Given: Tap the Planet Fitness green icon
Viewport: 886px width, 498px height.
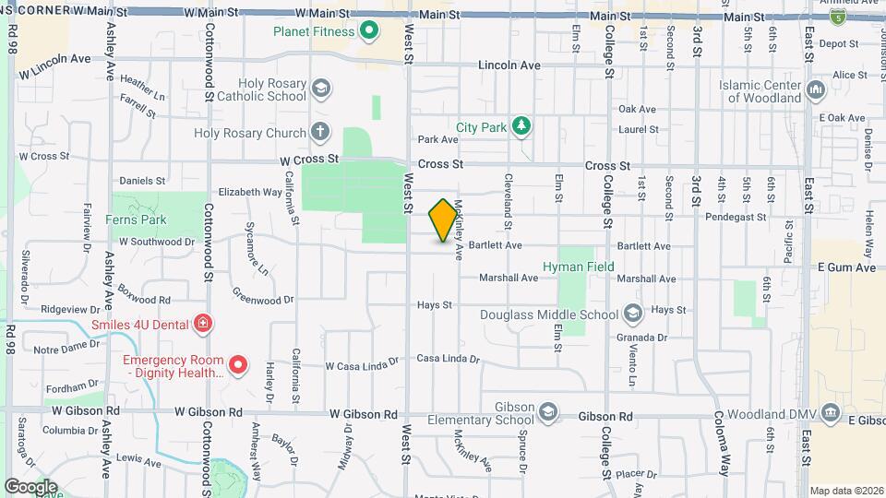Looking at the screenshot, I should (x=369, y=32).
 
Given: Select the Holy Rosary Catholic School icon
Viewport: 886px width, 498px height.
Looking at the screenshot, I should (x=321, y=89).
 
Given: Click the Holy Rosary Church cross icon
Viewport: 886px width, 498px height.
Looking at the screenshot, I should (x=320, y=133).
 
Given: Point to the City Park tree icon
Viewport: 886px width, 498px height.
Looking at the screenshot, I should (x=522, y=125).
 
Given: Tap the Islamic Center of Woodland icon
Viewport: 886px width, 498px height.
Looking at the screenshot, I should (x=815, y=90).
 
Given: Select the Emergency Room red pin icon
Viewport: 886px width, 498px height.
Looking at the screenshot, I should (x=238, y=366).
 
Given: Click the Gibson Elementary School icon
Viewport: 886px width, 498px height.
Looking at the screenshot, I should (x=548, y=411).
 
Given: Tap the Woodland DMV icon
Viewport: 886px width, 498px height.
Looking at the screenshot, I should (x=831, y=412).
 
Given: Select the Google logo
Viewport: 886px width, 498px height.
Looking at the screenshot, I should (x=30, y=485).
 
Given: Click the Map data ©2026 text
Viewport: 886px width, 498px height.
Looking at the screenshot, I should (x=845, y=491).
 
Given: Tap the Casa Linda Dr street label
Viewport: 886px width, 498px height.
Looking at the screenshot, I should (x=449, y=359).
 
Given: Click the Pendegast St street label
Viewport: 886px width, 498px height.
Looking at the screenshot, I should (x=756, y=217).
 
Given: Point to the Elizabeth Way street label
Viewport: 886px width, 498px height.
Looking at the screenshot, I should (x=249, y=193).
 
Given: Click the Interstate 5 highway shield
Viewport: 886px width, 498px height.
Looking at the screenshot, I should (x=837, y=18).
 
